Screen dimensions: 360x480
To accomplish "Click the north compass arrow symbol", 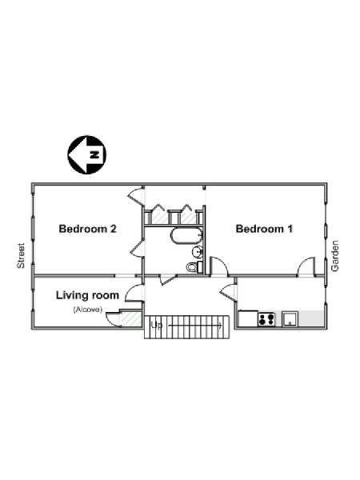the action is click(x=87, y=154).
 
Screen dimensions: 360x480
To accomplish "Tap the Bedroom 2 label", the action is click(x=87, y=229).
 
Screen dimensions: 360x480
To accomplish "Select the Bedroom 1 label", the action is click(x=264, y=229).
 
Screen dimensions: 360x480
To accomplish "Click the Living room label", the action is click(x=87, y=295).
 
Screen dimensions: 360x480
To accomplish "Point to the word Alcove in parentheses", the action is click(x=87, y=310).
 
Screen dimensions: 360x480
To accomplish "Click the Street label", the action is click(x=21, y=256).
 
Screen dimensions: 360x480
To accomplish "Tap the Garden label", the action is click(x=335, y=256).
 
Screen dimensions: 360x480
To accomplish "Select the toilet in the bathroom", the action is click(x=194, y=267).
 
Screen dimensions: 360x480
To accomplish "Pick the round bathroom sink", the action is click(x=198, y=252).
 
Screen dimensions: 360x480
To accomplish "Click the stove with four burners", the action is click(x=266, y=319).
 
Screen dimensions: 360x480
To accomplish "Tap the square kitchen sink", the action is click(x=290, y=319).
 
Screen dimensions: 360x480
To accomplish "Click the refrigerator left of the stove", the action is click(x=248, y=319).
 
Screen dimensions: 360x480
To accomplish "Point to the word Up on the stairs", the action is click(x=157, y=325).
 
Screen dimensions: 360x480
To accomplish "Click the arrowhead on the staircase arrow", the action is click(x=221, y=326).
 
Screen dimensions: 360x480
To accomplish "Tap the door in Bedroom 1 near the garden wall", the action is click(x=306, y=266).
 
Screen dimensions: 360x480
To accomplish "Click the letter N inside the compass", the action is click(x=95, y=154).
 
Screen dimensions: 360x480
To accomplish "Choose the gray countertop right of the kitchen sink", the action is click(x=310, y=319).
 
